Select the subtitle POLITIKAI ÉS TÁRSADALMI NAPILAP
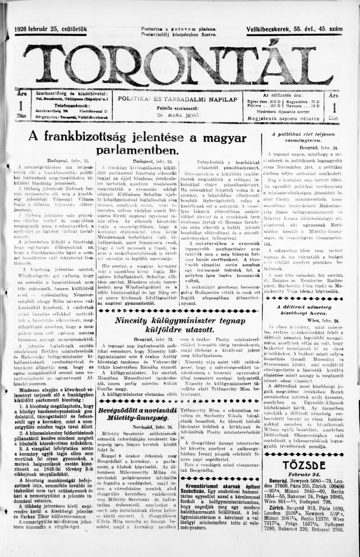pyautogui.click(x=177, y=99)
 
